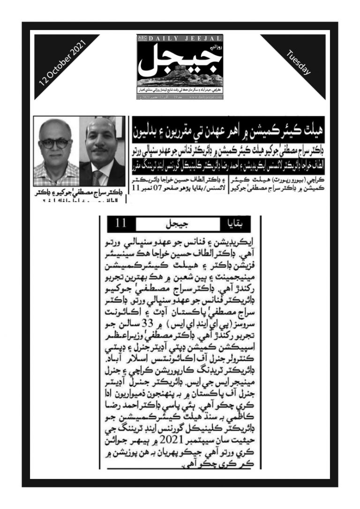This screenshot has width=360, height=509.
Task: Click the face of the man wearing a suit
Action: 100,142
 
